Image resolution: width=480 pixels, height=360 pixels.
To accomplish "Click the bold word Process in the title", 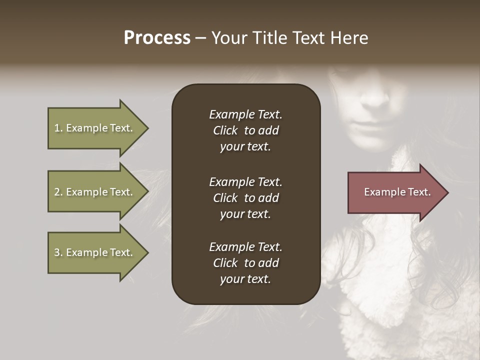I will [157, 38].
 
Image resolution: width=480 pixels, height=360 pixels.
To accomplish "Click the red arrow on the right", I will [395, 192].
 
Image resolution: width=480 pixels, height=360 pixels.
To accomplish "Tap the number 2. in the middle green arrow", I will [58, 192].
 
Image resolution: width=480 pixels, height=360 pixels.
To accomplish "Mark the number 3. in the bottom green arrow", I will [58, 252].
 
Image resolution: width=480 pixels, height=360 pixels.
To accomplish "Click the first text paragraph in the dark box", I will [245, 130].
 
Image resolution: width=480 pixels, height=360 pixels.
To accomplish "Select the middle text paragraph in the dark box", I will [245, 198].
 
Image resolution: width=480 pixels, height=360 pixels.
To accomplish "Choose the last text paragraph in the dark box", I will [245, 263].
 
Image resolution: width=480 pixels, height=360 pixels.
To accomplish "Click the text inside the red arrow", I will [397, 192].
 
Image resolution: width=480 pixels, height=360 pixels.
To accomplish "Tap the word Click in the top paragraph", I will [225, 130].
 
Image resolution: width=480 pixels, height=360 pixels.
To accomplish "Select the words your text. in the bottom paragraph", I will [245, 279].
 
